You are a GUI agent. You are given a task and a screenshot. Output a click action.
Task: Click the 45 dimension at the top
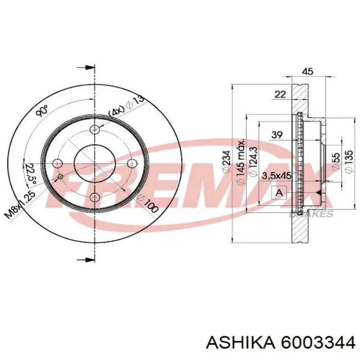point(307,72)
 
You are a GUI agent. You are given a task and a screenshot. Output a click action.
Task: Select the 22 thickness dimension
point(280,94)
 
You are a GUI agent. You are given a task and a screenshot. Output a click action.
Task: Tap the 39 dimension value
point(277,135)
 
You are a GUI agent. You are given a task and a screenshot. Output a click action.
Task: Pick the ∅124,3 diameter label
point(252,161)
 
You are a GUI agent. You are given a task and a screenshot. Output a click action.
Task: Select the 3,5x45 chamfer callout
point(276,175)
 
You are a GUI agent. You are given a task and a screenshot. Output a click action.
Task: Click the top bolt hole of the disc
point(95,130)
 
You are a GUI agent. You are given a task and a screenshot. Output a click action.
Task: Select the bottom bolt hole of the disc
point(95,197)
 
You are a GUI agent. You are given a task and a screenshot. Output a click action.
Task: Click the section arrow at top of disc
point(86,68)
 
